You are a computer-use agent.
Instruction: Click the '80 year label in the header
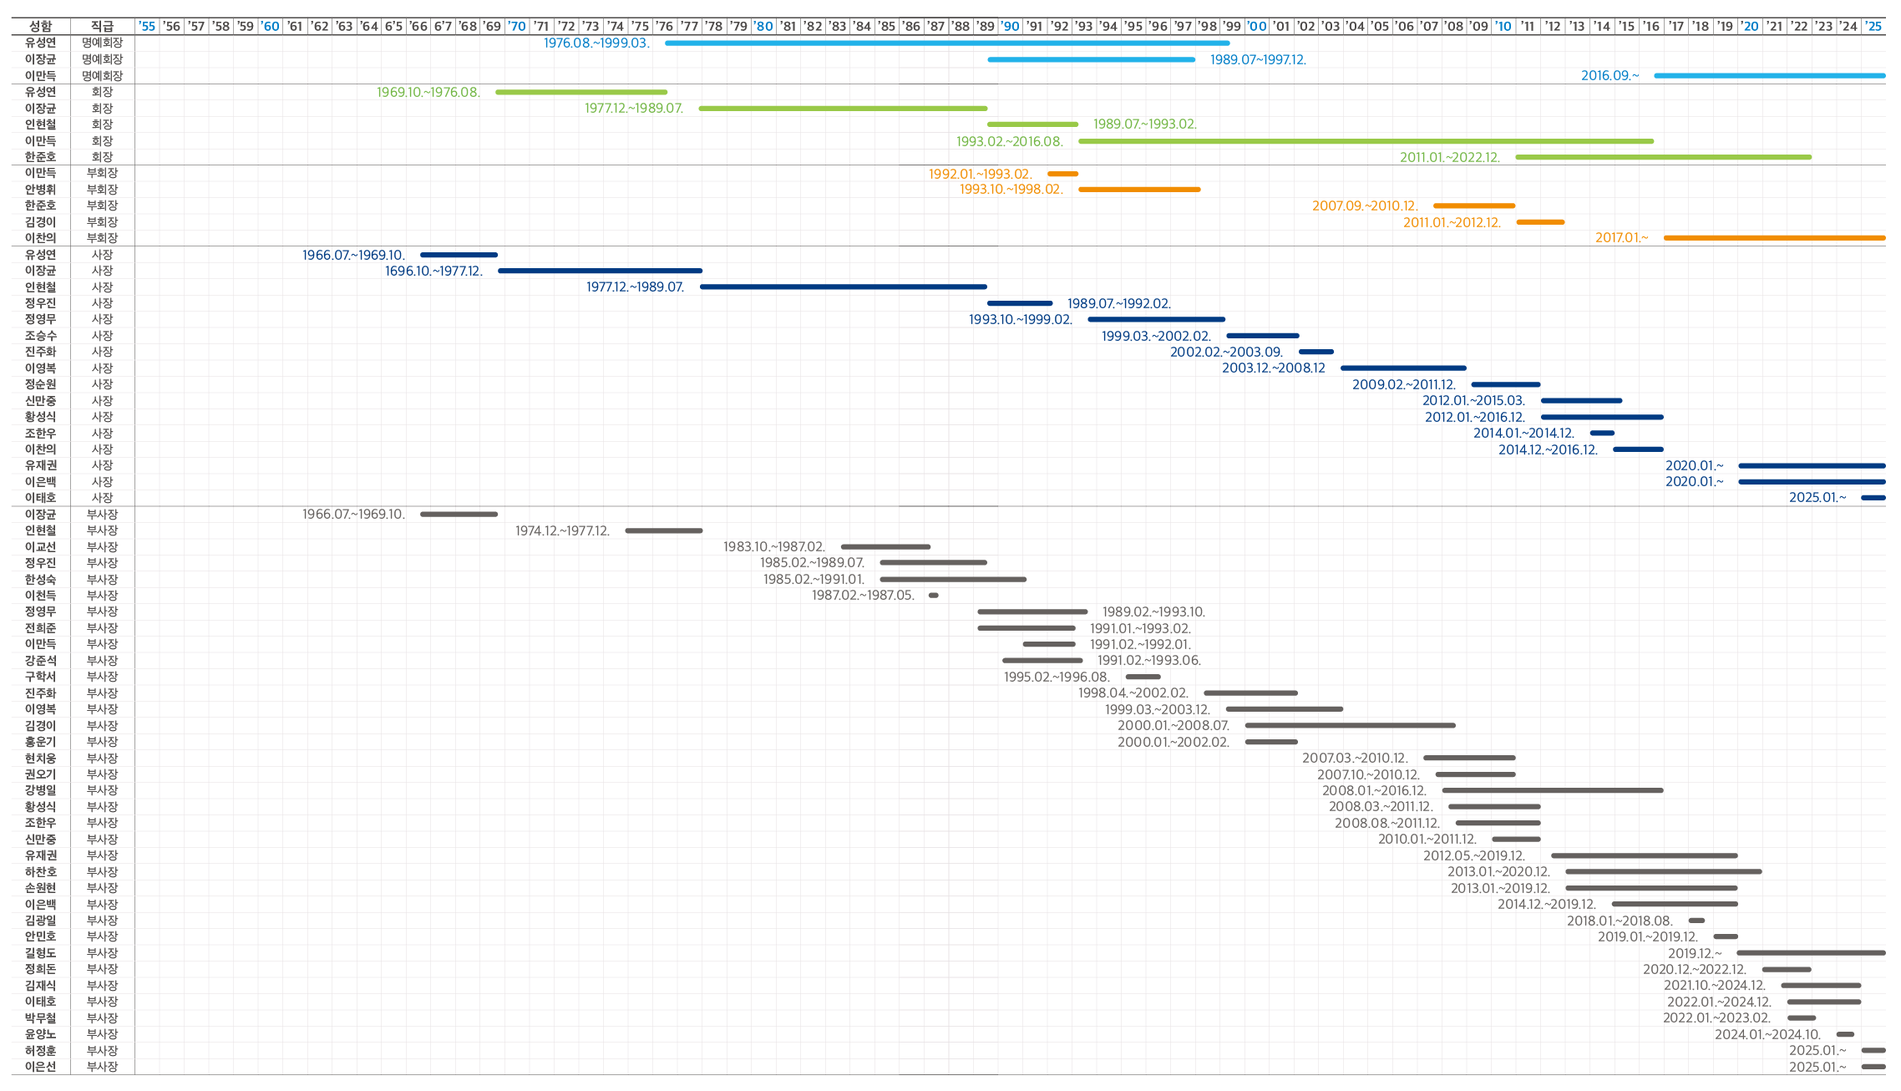(763, 26)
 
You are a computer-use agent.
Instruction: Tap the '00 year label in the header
(1256, 26)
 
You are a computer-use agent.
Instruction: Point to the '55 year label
(147, 26)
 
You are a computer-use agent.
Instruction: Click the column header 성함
(40, 26)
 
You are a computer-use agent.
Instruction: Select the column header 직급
(102, 26)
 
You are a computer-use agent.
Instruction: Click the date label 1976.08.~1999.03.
(596, 43)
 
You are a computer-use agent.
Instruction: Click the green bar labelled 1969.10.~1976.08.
(581, 92)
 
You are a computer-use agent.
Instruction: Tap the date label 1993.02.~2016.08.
(1010, 141)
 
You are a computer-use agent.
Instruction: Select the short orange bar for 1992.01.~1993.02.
(1062, 174)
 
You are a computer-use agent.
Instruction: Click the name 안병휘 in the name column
(40, 190)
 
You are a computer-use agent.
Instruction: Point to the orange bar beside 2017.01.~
(1774, 238)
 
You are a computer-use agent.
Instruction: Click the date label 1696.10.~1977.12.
(433, 271)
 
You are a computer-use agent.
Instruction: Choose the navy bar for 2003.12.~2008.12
(1403, 368)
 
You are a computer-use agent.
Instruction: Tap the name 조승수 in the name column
(40, 336)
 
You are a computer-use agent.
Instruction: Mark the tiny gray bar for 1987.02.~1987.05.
(934, 596)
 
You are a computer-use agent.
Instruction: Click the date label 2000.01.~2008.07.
(1174, 725)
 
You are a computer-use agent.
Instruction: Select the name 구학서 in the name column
(40, 677)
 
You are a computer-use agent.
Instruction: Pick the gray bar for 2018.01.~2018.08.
(1696, 921)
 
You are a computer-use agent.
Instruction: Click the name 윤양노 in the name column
(40, 1034)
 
